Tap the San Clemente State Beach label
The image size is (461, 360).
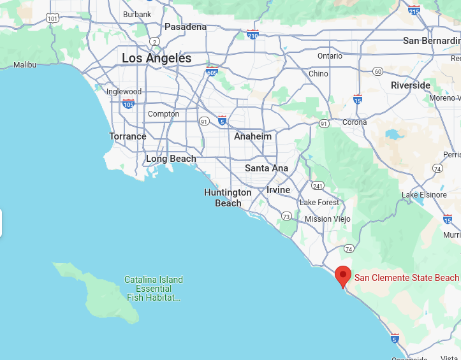[x=406, y=277]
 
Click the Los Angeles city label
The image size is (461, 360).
[x=156, y=58]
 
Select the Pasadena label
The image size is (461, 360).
[x=186, y=27]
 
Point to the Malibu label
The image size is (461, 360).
[x=25, y=64]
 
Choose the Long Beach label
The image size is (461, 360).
[x=171, y=159]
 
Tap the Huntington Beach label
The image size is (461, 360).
[x=228, y=198]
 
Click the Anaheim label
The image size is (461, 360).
[x=252, y=136]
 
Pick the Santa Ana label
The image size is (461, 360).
[x=267, y=168]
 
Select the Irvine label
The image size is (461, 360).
[x=278, y=190]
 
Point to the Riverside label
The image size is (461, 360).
[x=411, y=85]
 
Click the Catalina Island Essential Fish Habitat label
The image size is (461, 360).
[x=154, y=289]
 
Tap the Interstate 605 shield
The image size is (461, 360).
[x=212, y=71]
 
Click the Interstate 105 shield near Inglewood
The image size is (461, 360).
[x=128, y=103]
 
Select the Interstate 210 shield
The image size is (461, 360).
[x=253, y=34]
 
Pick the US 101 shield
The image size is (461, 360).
[x=53, y=18]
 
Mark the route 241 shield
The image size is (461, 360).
[x=318, y=186]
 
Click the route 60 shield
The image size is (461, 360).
[x=377, y=71]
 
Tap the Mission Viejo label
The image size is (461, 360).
[x=327, y=219]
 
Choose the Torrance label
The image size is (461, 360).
[x=128, y=136]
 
